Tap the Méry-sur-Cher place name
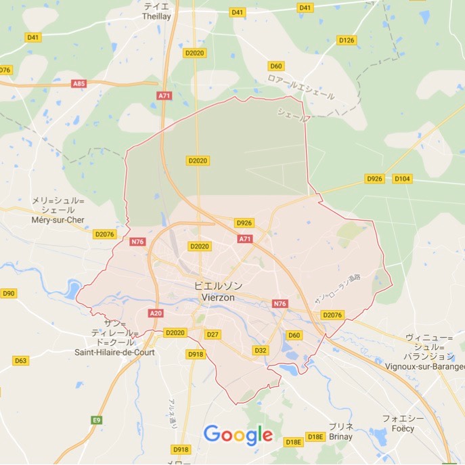click(x=58, y=219)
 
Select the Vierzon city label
click(x=218, y=296)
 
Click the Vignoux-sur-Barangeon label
click(x=435, y=366)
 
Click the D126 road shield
click(x=346, y=40)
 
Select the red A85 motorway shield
click(x=79, y=83)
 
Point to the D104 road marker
click(x=402, y=179)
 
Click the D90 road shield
click(x=8, y=293)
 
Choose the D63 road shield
click(x=21, y=361)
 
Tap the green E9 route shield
click(x=97, y=420)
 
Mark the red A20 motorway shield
click(x=156, y=313)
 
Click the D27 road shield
click(x=213, y=334)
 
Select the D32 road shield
click(x=261, y=350)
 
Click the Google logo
click(x=238, y=434)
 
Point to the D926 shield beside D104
click(x=374, y=179)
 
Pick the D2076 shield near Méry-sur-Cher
click(x=105, y=234)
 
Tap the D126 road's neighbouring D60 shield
click(x=275, y=66)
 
